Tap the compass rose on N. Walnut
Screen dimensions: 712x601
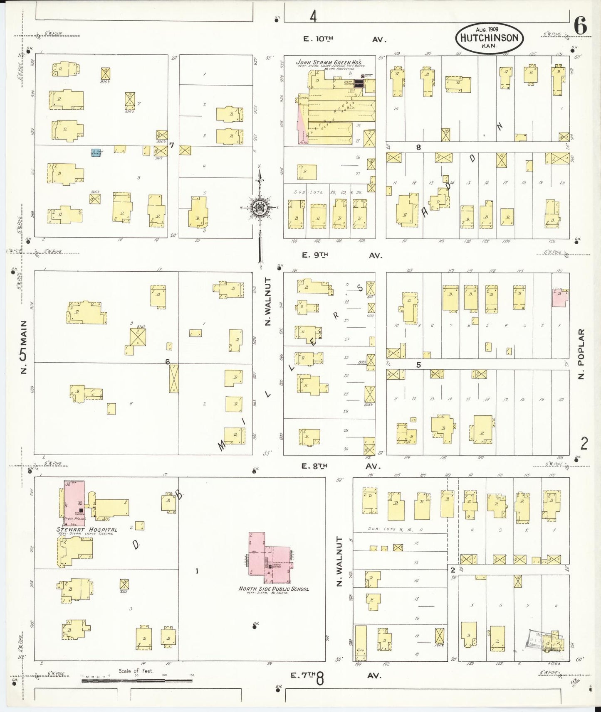click(260, 208)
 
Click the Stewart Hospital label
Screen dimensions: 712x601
click(87, 530)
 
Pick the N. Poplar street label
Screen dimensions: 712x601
click(581, 354)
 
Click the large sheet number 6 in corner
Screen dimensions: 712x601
click(581, 27)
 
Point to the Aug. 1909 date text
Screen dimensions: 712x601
click(487, 30)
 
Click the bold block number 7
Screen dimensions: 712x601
click(171, 145)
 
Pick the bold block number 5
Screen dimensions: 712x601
click(418, 365)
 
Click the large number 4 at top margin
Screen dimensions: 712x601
click(313, 17)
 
